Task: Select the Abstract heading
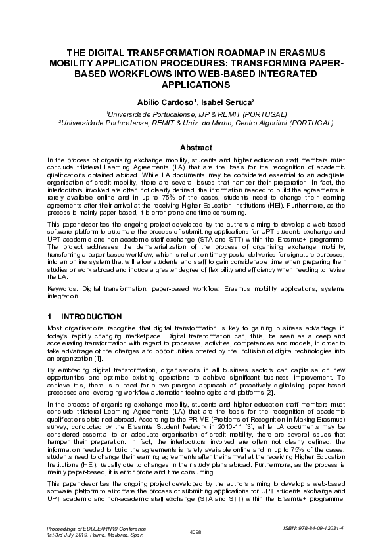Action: [195, 148]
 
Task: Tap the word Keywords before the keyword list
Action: [65, 288]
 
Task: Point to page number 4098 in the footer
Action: [195, 531]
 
